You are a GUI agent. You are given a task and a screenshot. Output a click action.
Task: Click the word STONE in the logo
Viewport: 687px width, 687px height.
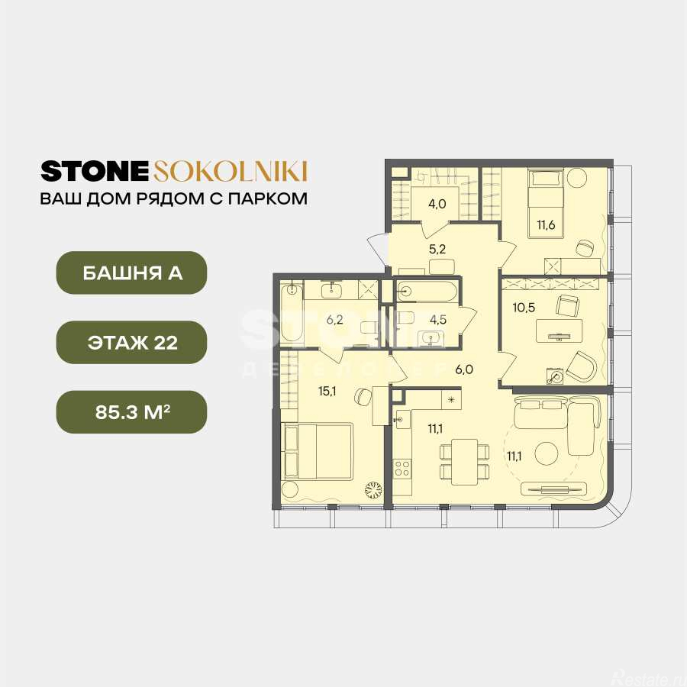click(x=95, y=171)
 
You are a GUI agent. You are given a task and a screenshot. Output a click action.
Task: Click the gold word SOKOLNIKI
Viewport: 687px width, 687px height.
click(x=230, y=171)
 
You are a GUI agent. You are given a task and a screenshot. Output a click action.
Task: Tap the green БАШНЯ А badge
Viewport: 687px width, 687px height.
click(x=131, y=273)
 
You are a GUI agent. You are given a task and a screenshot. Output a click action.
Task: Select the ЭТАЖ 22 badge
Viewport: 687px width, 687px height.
click(x=131, y=342)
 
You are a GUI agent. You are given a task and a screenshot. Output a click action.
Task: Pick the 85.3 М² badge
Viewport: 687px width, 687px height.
click(x=131, y=412)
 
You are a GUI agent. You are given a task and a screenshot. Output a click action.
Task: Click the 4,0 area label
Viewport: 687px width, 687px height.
click(x=437, y=204)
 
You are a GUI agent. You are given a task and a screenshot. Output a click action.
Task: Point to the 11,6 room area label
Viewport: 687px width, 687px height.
click(x=546, y=225)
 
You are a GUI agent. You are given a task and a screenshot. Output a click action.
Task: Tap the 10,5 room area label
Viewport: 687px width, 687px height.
click(x=524, y=307)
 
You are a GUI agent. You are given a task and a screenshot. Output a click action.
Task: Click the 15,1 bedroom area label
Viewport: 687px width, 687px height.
click(x=327, y=391)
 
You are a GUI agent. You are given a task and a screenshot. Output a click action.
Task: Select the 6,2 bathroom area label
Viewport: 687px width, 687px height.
click(x=334, y=320)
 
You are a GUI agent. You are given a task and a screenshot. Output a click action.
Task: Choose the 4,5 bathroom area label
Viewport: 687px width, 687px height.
click(x=437, y=319)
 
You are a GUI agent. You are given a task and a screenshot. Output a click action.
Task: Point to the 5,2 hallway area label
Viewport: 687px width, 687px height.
click(x=437, y=249)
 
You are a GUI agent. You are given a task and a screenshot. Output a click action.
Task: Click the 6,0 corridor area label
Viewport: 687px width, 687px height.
click(x=464, y=369)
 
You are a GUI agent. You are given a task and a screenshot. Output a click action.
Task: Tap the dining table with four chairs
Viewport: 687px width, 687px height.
click(x=464, y=462)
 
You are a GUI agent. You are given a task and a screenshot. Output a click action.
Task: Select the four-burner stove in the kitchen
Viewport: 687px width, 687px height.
click(x=402, y=467)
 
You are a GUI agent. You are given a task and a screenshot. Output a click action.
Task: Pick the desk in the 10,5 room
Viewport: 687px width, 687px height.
click(x=560, y=331)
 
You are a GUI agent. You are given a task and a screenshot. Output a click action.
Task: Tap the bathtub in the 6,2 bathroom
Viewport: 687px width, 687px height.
click(x=292, y=312)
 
